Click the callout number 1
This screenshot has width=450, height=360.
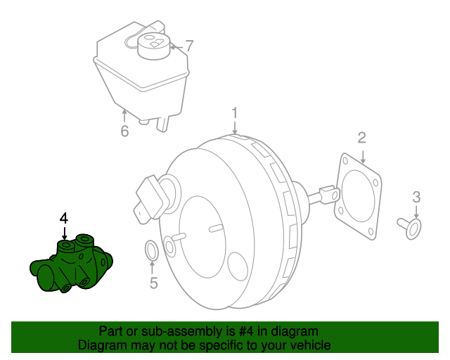(235, 112)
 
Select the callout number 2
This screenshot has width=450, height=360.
(362, 138)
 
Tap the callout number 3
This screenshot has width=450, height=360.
(416, 197)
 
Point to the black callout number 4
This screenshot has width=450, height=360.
(64, 219)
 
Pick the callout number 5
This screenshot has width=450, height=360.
(154, 283)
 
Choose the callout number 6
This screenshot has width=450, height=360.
(124, 131)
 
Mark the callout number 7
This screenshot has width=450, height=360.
(189, 46)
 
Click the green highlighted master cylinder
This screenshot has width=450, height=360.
(71, 264)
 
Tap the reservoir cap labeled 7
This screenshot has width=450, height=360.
(154, 46)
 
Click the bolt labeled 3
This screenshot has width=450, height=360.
(409, 229)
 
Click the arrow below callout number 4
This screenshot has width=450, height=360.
(64, 233)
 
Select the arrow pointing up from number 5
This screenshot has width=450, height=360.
(152, 268)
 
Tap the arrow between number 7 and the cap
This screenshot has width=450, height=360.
(176, 47)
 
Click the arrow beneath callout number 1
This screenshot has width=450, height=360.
(235, 127)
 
